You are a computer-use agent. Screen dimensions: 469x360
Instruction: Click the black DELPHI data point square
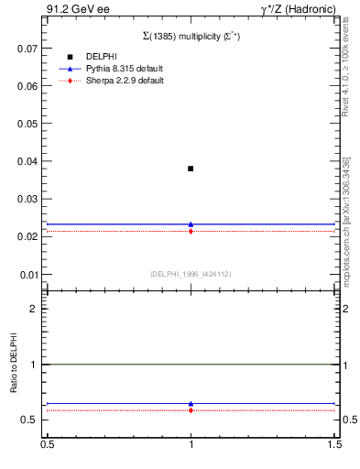[191, 169]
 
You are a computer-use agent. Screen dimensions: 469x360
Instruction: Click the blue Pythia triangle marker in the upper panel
[191, 224]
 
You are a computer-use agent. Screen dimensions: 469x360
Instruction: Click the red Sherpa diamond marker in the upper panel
[191, 231]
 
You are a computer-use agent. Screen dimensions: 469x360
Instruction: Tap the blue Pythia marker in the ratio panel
[191, 403]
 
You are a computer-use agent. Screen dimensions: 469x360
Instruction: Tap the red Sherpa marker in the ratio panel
[191, 410]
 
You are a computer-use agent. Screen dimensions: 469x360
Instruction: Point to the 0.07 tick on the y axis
[34, 48]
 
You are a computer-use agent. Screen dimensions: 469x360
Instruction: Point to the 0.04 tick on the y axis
[34, 161]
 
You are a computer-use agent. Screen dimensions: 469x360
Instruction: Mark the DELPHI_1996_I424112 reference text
[191, 273]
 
